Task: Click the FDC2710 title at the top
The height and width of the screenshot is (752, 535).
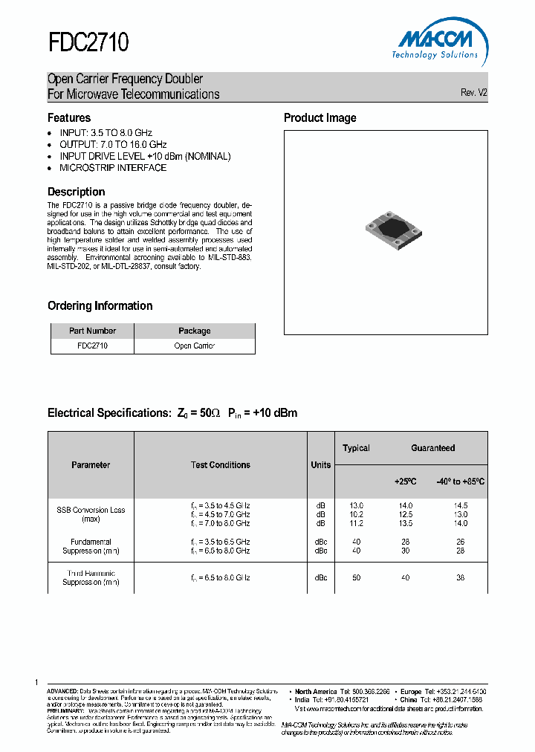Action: click(88, 43)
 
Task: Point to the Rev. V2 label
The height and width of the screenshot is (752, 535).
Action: click(473, 93)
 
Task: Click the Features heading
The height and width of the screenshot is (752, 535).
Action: click(69, 117)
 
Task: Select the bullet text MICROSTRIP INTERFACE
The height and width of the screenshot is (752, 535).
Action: click(113, 168)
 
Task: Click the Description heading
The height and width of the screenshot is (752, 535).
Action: click(77, 192)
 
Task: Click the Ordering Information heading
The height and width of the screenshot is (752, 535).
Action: click(100, 305)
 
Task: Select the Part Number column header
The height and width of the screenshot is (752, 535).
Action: click(92, 331)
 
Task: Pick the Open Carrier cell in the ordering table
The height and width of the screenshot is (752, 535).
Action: click(195, 346)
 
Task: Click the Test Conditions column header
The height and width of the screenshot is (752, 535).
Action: click(221, 465)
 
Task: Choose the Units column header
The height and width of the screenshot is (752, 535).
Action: click(321, 465)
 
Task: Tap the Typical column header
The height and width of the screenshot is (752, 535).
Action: click(356, 448)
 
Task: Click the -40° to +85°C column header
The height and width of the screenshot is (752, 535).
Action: click(461, 482)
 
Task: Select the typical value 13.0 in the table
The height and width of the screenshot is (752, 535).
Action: click(356, 505)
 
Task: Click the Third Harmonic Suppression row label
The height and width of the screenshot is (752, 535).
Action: click(91, 578)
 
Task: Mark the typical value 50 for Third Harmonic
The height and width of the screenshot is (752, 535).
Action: click(356, 578)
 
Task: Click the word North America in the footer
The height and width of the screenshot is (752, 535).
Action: click(316, 691)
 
